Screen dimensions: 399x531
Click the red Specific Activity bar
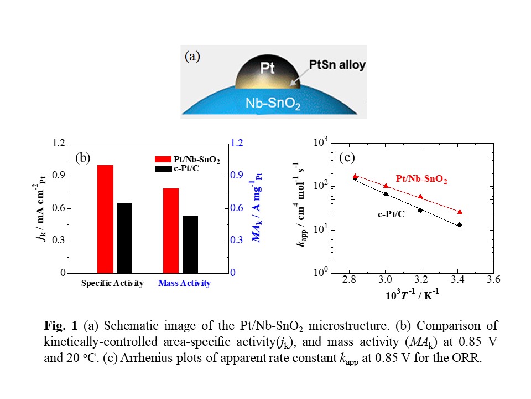105,219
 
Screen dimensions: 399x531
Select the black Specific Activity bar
124,238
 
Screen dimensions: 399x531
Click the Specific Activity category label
112,283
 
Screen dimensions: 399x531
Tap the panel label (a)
192,56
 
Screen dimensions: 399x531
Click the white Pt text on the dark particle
268,70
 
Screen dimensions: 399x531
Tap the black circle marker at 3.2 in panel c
420,210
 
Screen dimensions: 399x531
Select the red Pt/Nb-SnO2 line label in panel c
421,180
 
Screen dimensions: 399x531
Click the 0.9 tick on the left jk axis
58,176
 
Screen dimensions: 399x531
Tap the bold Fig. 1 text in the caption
59,325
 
